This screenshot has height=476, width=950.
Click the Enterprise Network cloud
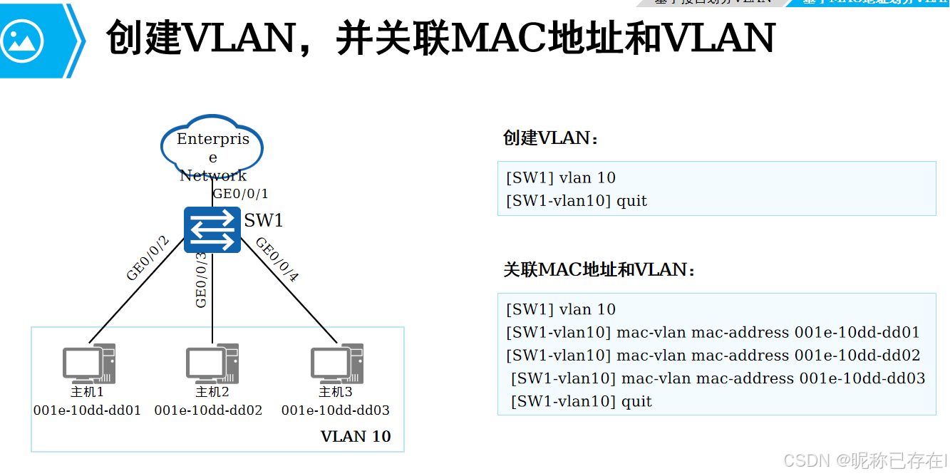(x=212, y=148)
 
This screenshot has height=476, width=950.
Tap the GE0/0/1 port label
(x=241, y=194)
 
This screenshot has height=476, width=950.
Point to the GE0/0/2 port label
(x=148, y=258)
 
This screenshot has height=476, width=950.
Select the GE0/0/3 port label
(x=202, y=280)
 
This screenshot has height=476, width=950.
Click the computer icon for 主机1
(x=88, y=364)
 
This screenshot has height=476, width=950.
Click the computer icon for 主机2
(x=212, y=364)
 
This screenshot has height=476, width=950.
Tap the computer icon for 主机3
(x=336, y=364)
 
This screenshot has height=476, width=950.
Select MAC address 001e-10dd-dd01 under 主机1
(x=87, y=410)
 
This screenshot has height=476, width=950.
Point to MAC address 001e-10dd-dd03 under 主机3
(x=336, y=410)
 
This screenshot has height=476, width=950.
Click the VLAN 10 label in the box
(x=356, y=436)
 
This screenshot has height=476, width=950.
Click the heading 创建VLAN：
(x=552, y=138)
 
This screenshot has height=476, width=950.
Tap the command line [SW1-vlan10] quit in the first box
(x=577, y=201)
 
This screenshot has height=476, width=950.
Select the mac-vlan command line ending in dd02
(x=713, y=355)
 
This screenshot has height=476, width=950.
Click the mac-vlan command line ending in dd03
(x=718, y=378)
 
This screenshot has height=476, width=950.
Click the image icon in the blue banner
(x=22, y=40)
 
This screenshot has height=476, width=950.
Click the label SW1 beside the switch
(x=264, y=220)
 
